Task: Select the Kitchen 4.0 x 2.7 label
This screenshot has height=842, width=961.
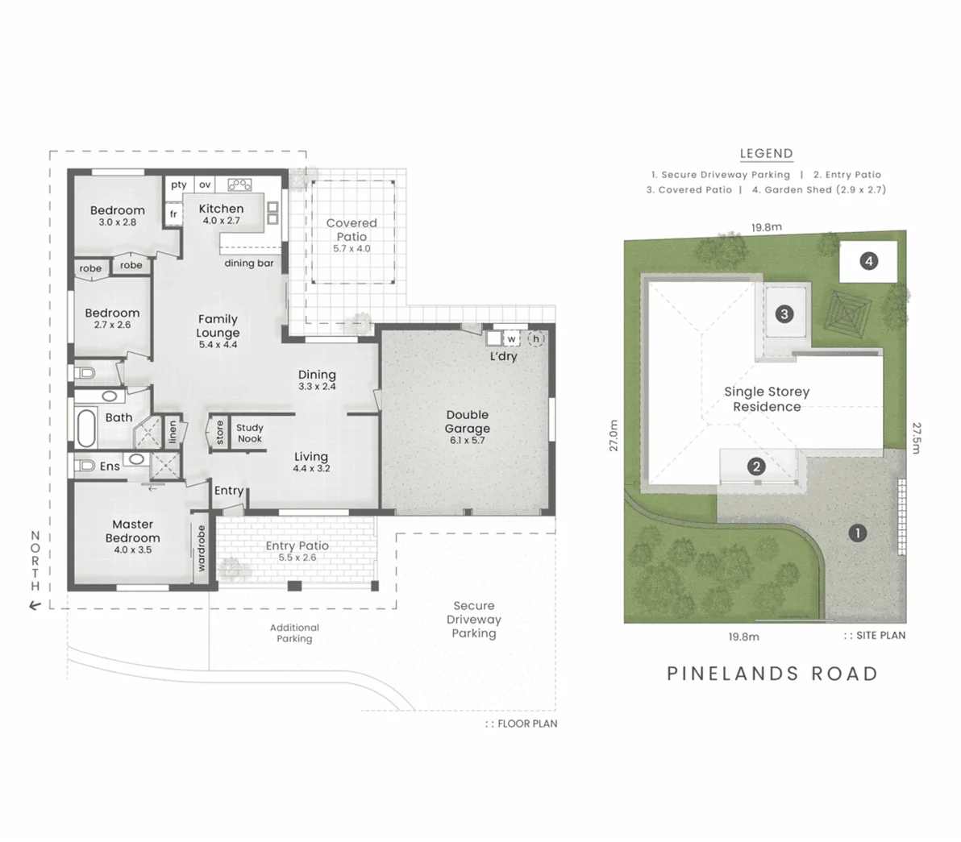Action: [x=221, y=214]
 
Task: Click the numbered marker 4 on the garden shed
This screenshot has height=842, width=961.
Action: [x=868, y=261]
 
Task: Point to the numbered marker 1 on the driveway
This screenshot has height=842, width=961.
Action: [x=858, y=533]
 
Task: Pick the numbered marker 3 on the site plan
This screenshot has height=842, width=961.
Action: [x=784, y=314]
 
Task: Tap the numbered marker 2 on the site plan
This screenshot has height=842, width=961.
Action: [x=756, y=467]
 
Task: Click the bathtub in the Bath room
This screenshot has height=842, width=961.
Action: [x=86, y=428]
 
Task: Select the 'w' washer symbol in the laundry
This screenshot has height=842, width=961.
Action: [x=511, y=339]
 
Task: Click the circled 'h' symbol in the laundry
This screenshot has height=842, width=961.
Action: [x=535, y=339]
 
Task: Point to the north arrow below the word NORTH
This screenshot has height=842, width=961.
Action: [x=35, y=605]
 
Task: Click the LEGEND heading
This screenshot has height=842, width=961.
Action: [x=766, y=153]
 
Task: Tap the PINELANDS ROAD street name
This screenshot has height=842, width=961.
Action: [x=772, y=674]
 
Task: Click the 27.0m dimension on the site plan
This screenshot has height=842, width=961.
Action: [x=614, y=435]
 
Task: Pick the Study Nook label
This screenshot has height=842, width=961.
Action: [x=249, y=433]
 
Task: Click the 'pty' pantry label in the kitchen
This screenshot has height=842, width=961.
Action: [x=179, y=185]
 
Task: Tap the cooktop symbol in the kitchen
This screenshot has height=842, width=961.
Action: [x=239, y=185]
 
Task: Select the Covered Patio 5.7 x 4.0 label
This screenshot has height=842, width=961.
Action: [x=352, y=234]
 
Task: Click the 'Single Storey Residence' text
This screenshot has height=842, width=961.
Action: [x=766, y=399]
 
